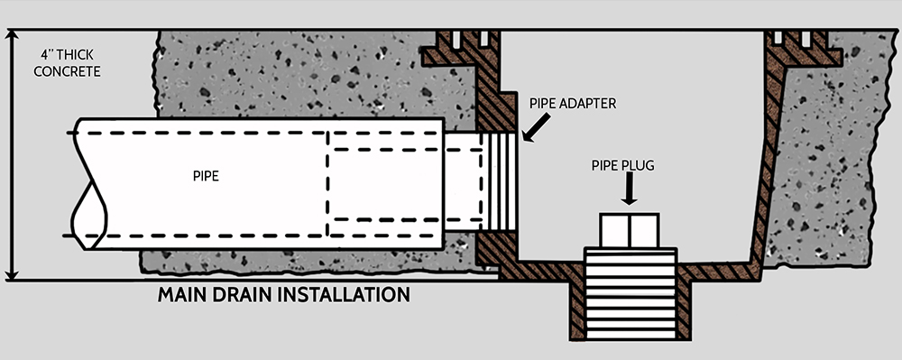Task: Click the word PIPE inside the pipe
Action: (206, 177)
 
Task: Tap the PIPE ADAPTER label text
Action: (573, 104)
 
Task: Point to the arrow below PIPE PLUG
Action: (630, 191)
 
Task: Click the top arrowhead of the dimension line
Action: (13, 37)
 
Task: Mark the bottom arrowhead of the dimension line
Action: (13, 272)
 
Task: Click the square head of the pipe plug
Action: (630, 230)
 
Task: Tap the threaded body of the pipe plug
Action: (630, 293)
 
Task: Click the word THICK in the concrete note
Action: (78, 53)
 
